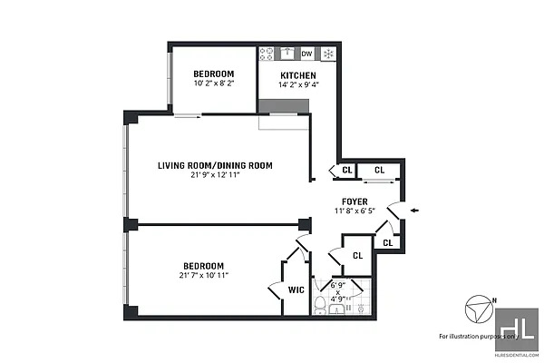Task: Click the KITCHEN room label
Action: click(297, 75)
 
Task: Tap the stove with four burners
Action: click(268, 54)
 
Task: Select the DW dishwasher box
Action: click(307, 54)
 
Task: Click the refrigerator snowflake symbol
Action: click(328, 54)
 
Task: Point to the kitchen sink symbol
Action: click(287, 54)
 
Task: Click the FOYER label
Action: click(354, 201)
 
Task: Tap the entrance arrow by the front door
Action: click(414, 211)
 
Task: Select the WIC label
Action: click(296, 290)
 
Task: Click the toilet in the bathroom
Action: click(320, 305)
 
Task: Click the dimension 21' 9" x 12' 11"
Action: click(215, 175)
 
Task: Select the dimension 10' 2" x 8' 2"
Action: click(214, 83)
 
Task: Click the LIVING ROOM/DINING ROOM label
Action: click(215, 165)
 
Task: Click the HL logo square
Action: click(517, 328)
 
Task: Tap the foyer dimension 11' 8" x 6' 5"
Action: click(354, 211)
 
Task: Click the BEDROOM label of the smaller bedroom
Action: click(214, 74)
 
